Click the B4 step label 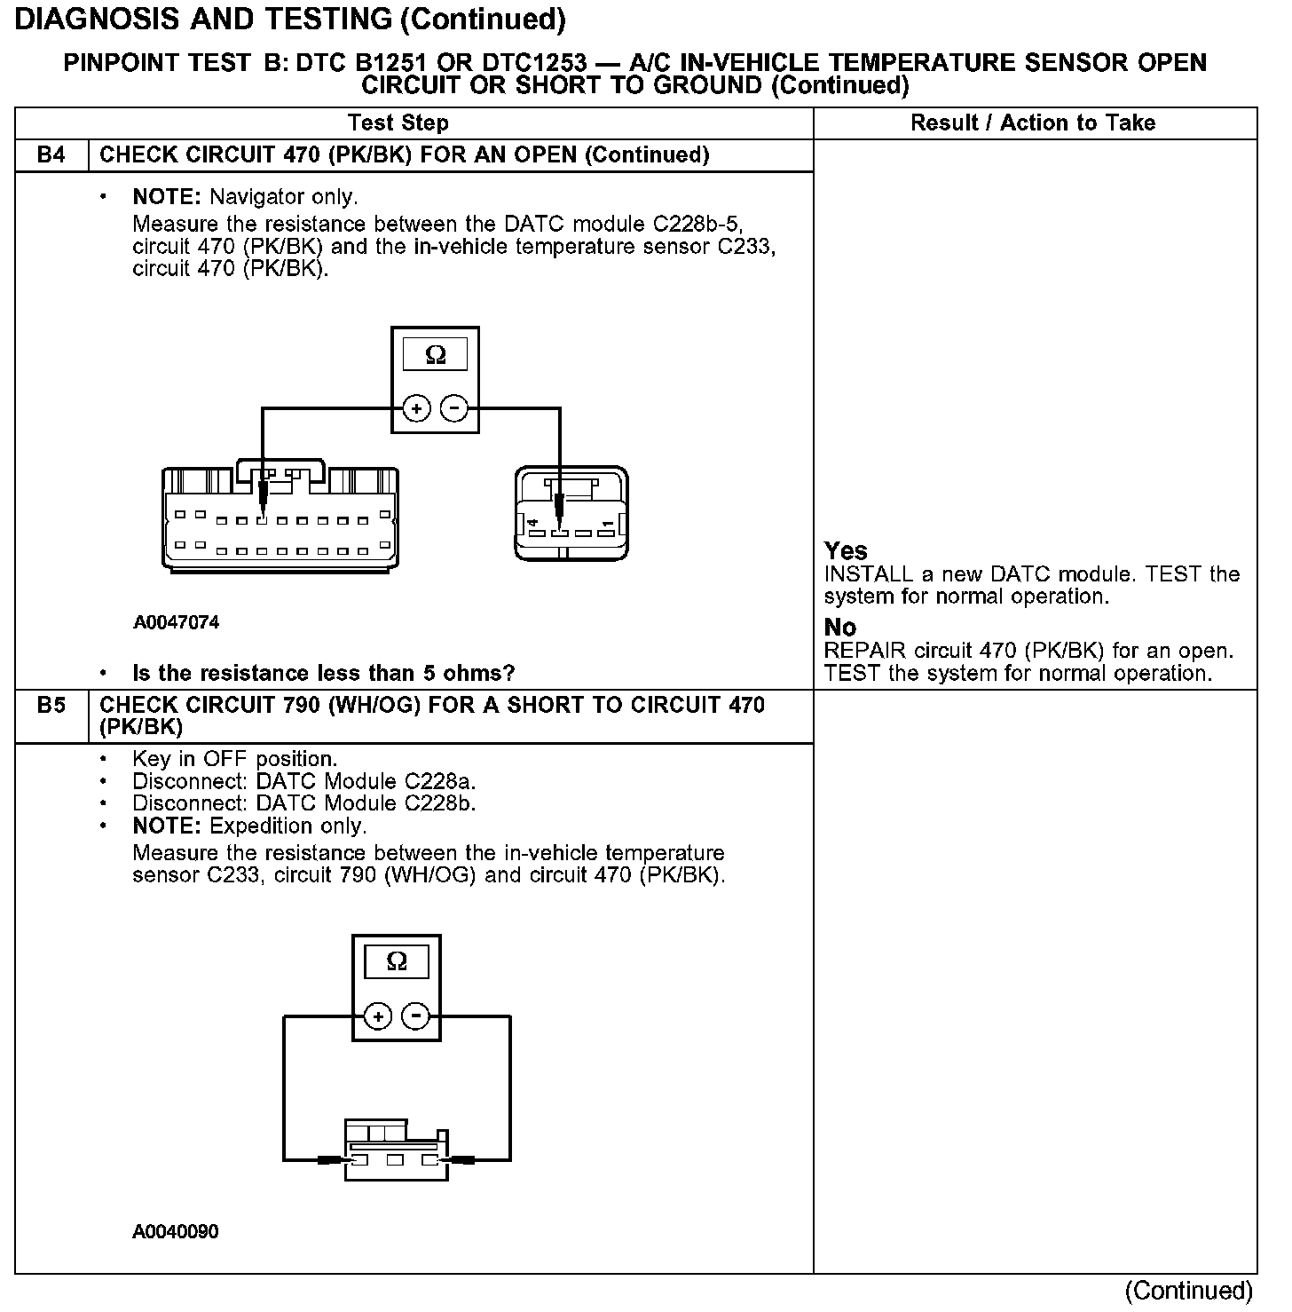(x=51, y=155)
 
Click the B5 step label (x=51, y=706)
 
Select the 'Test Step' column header (x=398, y=123)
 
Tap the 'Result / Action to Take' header (x=1033, y=123)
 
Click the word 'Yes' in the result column (x=846, y=551)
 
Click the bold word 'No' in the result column (x=840, y=628)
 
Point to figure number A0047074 (x=177, y=622)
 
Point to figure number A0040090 (x=176, y=1231)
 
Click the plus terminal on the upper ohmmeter (x=416, y=409)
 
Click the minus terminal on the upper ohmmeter (x=453, y=409)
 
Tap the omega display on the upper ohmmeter (x=436, y=355)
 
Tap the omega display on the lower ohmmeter (x=397, y=962)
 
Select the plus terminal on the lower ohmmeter (x=378, y=1016)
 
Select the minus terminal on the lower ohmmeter (x=415, y=1016)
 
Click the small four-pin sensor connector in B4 (x=571, y=515)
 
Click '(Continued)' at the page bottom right (x=1189, y=1291)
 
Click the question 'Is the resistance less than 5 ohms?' (x=323, y=674)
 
